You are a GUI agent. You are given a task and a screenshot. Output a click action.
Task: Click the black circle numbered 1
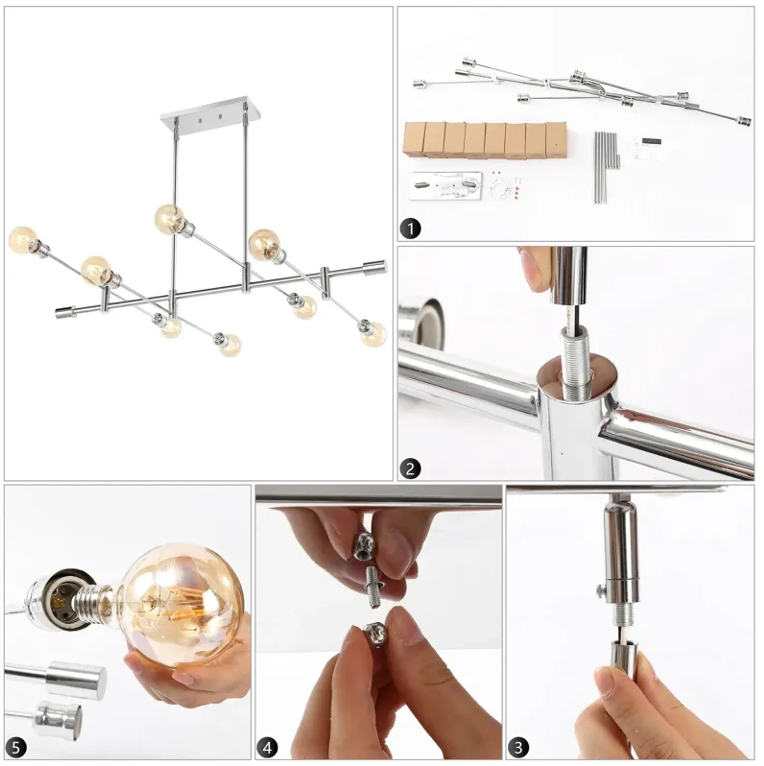coord(410,229)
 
